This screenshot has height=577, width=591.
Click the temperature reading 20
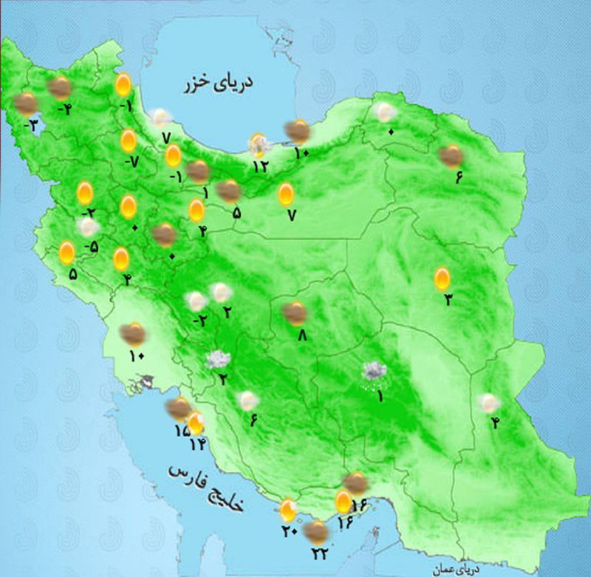pos(288,530)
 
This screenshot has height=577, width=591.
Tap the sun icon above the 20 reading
pos(288,510)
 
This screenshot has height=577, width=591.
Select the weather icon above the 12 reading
pos(259,143)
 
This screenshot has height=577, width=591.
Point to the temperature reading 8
pos(301,334)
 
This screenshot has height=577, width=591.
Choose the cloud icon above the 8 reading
pos(295,313)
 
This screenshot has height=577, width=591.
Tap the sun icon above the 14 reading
pos(196,423)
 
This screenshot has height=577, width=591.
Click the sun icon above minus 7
pos(129,140)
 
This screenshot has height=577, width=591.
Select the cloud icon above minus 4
pos(59,89)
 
